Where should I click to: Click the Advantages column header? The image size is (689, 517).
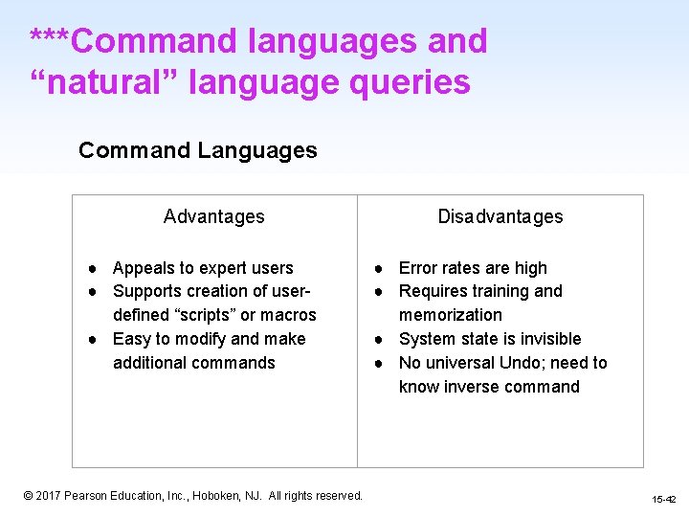click(213, 216)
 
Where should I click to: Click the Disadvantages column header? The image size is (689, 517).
click(500, 216)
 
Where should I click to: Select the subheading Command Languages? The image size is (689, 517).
click(197, 150)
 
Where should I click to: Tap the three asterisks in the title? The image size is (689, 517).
click(49, 40)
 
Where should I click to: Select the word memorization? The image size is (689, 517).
click(450, 315)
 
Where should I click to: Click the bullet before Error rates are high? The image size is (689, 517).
click(380, 268)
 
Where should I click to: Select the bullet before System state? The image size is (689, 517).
click(380, 339)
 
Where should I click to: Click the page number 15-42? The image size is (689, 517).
click(663, 500)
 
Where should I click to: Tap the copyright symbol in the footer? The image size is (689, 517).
click(29, 496)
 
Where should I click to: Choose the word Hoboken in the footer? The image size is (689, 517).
click(218, 496)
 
